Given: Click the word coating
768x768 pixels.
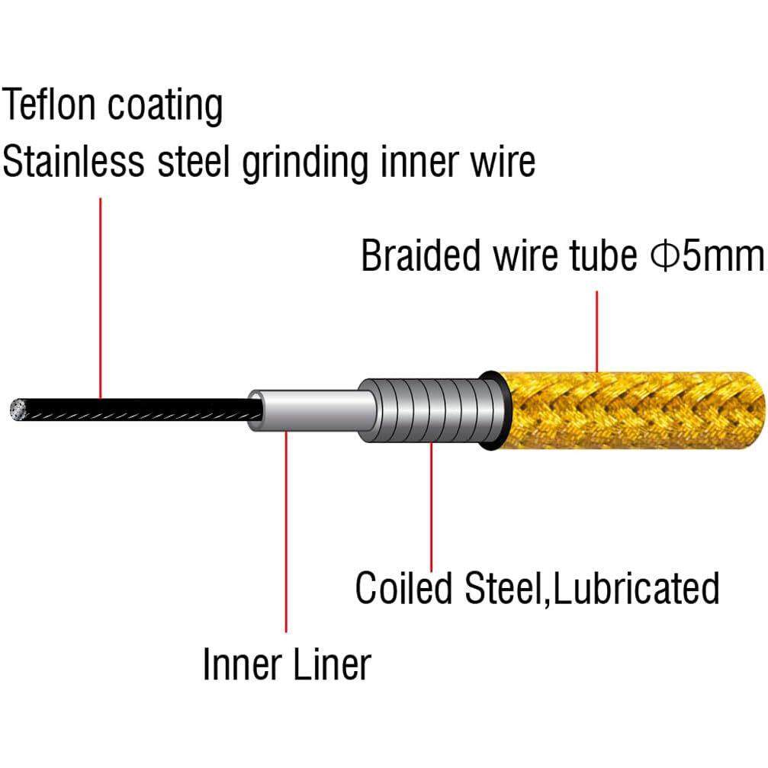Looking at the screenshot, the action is click(165, 107).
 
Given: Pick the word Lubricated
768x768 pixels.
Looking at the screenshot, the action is click(637, 588).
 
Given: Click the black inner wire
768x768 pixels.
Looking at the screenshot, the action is click(137, 408).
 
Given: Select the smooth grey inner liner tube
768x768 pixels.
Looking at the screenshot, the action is click(313, 411).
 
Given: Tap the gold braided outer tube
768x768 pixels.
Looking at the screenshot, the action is click(633, 410).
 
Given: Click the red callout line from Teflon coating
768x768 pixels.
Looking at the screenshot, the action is click(101, 297).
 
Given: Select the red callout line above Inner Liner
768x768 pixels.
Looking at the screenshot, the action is click(286, 534).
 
